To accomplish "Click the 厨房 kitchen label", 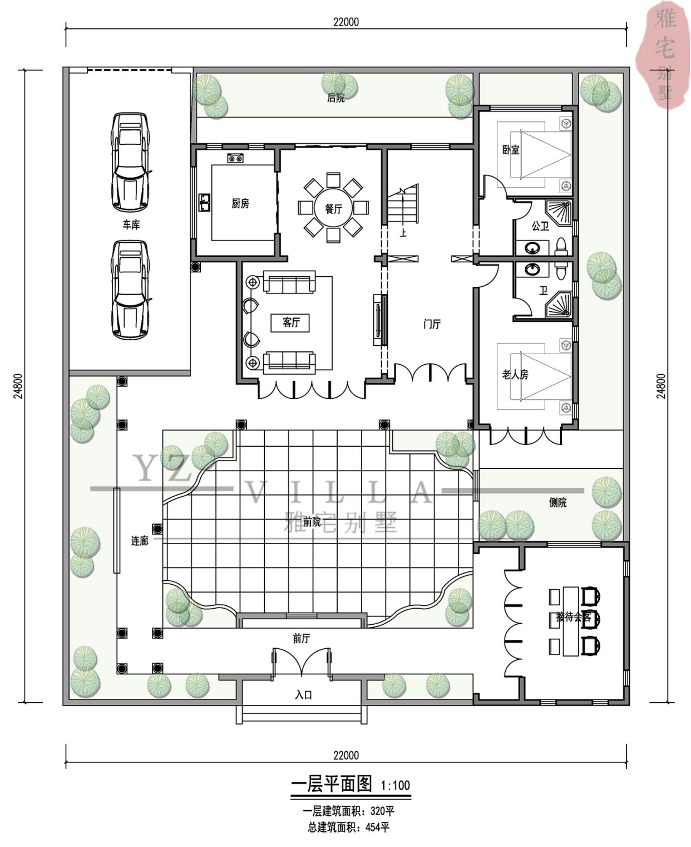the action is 240,204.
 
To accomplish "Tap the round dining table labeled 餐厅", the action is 333,208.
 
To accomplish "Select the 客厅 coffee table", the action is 290,322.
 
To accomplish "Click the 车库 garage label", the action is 131,224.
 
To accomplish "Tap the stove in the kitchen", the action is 235,158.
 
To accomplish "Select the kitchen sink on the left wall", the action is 205,202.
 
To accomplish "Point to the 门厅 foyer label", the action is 432,324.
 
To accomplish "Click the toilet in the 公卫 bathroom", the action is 561,247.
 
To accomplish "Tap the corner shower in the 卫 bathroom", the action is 558,305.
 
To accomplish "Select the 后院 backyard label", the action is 335,98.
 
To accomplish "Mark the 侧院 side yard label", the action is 558,502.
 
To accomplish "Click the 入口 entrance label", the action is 303,695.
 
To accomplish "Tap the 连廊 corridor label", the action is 140,541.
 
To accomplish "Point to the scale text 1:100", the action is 395,785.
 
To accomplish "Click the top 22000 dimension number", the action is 346,22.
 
